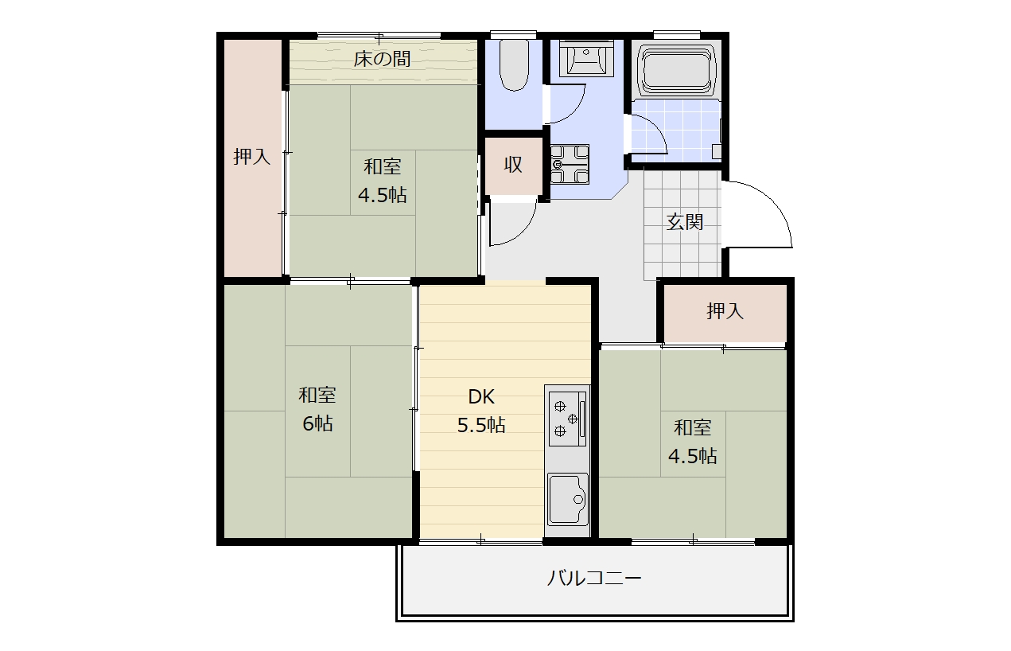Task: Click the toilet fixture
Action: click(x=514, y=65)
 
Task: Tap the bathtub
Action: click(x=676, y=70)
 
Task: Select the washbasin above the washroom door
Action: click(x=586, y=58)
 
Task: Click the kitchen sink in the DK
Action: click(x=568, y=499)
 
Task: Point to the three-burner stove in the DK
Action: click(x=568, y=418)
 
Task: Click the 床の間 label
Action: click(x=382, y=59)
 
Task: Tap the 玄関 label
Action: click(x=685, y=222)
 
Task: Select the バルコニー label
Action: click(x=594, y=579)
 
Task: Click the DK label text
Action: click(x=481, y=397)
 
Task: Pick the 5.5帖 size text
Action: click(x=481, y=425)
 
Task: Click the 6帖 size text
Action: click(x=317, y=423)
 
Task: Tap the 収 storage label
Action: click(x=513, y=165)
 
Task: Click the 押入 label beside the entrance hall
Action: click(x=725, y=311)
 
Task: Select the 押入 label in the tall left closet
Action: click(x=252, y=157)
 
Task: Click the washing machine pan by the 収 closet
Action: click(x=570, y=164)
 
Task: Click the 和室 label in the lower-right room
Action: click(x=692, y=428)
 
